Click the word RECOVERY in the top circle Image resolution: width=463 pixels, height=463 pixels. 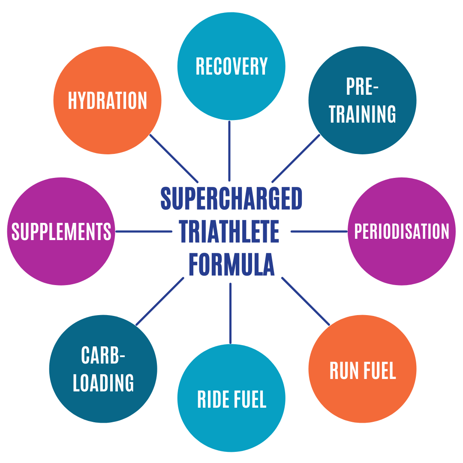tap(231, 66)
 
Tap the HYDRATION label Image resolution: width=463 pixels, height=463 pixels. tap(107, 101)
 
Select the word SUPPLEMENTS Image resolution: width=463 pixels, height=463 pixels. tap(61, 231)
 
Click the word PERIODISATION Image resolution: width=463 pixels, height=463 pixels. tap(401, 231)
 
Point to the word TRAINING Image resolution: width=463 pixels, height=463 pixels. tap(362, 114)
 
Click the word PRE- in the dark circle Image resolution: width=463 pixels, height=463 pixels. tap(362, 87)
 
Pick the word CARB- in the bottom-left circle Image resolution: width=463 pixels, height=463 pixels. tap(103, 355)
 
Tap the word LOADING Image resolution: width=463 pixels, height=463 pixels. tap(103, 382)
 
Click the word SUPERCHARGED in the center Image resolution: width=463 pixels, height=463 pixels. tap(231, 198)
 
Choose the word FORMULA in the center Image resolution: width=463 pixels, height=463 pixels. tap(231, 265)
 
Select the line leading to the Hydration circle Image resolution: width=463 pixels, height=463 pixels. tap(174, 158)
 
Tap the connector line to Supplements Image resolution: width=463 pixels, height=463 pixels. tap(144, 231)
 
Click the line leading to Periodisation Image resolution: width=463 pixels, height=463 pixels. tap(319, 231)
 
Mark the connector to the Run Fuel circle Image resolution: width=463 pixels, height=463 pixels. tap(305, 301)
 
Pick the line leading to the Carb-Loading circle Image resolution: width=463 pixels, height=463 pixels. tap(159, 301)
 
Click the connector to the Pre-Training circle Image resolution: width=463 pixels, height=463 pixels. tap(296, 158)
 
